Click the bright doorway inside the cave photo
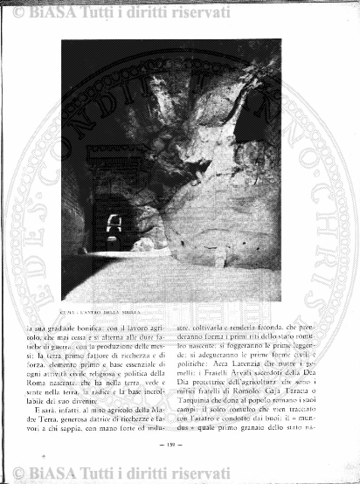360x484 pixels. (112, 226)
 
